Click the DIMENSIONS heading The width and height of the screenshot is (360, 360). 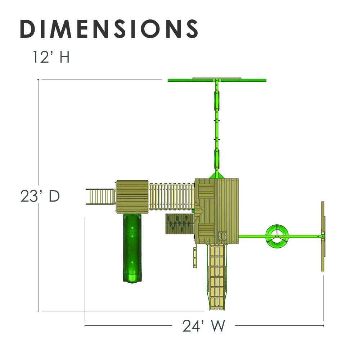[x=109, y=29]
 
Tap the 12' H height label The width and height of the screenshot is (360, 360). [x=51, y=57]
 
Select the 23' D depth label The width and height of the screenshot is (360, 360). [x=40, y=196]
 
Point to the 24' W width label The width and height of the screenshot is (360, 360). [x=204, y=325]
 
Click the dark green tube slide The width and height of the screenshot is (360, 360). [x=132, y=248]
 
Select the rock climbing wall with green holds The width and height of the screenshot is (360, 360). [x=180, y=224]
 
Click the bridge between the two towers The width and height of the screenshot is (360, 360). [x=171, y=196]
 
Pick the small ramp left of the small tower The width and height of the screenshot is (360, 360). [x=100, y=197]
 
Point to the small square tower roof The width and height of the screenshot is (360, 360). [x=132, y=197]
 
